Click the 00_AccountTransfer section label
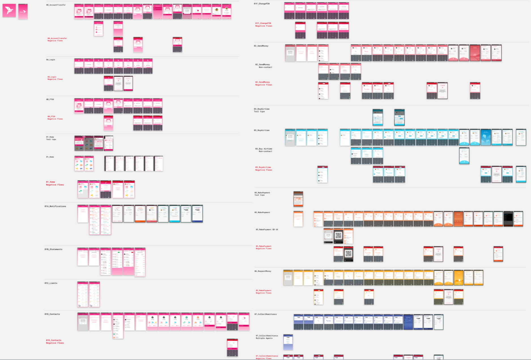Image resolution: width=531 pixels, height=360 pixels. pyautogui.click(x=56, y=5)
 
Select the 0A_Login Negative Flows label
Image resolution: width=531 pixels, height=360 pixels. pyautogui.click(x=55, y=78)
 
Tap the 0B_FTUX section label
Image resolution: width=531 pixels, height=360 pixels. pyautogui.click(x=50, y=99)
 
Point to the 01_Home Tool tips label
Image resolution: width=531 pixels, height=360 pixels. pyautogui.click(x=51, y=138)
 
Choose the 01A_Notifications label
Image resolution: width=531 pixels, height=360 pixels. pyautogui.click(x=55, y=206)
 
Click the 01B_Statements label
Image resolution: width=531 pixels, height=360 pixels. pyautogui.click(x=53, y=249)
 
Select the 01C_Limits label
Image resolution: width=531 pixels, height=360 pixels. pyautogui.click(x=51, y=283)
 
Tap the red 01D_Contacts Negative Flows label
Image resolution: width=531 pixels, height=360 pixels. pyautogui.click(x=55, y=342)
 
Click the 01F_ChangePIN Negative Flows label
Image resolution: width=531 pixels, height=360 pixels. pyautogui.click(x=264, y=25)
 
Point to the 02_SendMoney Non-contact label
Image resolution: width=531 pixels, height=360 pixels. pyautogui.click(x=264, y=66)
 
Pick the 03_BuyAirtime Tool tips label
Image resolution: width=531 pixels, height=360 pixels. pyautogui.click(x=262, y=110)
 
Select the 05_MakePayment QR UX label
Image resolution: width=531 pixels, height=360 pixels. pyautogui.click(x=267, y=230)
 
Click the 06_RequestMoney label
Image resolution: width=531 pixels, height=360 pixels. pyautogui.click(x=263, y=271)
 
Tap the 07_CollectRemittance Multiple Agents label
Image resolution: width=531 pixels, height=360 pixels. pyautogui.click(x=267, y=337)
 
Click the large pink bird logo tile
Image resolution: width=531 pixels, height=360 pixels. pyautogui.click(x=9, y=10)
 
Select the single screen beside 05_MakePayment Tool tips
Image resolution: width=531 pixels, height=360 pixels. pyautogui.click(x=298, y=199)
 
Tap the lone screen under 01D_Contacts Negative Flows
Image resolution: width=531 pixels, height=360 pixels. pyautogui.click(x=232, y=347)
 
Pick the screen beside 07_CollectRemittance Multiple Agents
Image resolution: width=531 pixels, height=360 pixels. pyautogui.click(x=288, y=342)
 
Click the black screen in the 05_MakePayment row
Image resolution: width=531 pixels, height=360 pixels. pyautogui.click(x=508, y=219)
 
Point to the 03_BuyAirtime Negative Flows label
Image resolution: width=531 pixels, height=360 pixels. pyautogui.click(x=264, y=169)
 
